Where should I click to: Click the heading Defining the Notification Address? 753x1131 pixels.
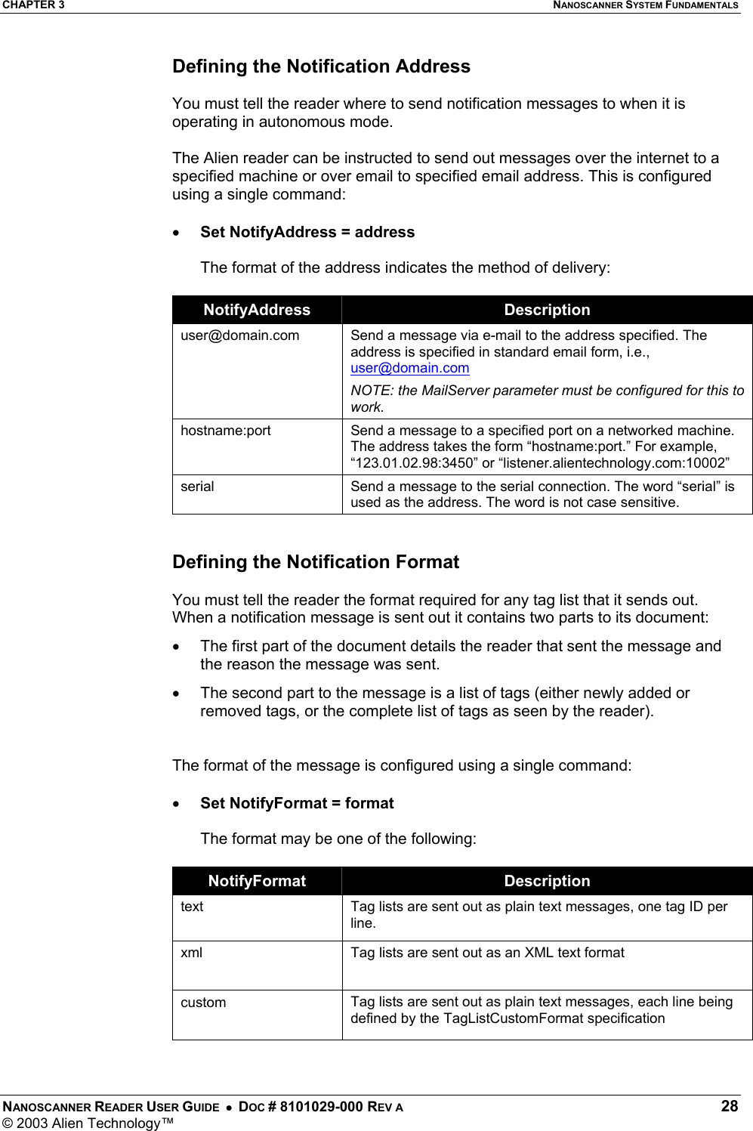click(x=321, y=66)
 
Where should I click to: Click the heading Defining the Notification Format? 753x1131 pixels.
click(x=316, y=562)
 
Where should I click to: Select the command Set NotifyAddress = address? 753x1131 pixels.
click(x=307, y=232)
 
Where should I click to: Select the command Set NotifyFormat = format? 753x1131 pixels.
click(x=297, y=803)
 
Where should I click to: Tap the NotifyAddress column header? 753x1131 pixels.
click(x=257, y=310)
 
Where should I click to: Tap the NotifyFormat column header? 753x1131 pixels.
click(x=257, y=881)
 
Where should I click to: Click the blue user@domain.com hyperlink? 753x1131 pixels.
click(x=409, y=368)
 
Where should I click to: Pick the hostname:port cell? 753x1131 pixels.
click(x=226, y=431)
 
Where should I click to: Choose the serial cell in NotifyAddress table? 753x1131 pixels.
click(x=197, y=487)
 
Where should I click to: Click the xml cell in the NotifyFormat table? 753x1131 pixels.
click(x=192, y=953)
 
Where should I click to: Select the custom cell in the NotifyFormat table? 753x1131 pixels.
click(x=203, y=1003)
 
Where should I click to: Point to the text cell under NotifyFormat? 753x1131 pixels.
click(x=192, y=907)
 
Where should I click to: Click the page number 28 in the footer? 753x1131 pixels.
click(x=729, y=1106)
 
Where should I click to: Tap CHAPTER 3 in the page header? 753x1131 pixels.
click(x=33, y=5)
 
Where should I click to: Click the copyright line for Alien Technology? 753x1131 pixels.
click(x=88, y=1123)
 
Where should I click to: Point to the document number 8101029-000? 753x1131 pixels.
click(x=321, y=1107)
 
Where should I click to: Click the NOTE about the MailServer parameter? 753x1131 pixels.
click(x=547, y=398)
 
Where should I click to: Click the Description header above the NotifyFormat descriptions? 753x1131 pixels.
click(x=547, y=881)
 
